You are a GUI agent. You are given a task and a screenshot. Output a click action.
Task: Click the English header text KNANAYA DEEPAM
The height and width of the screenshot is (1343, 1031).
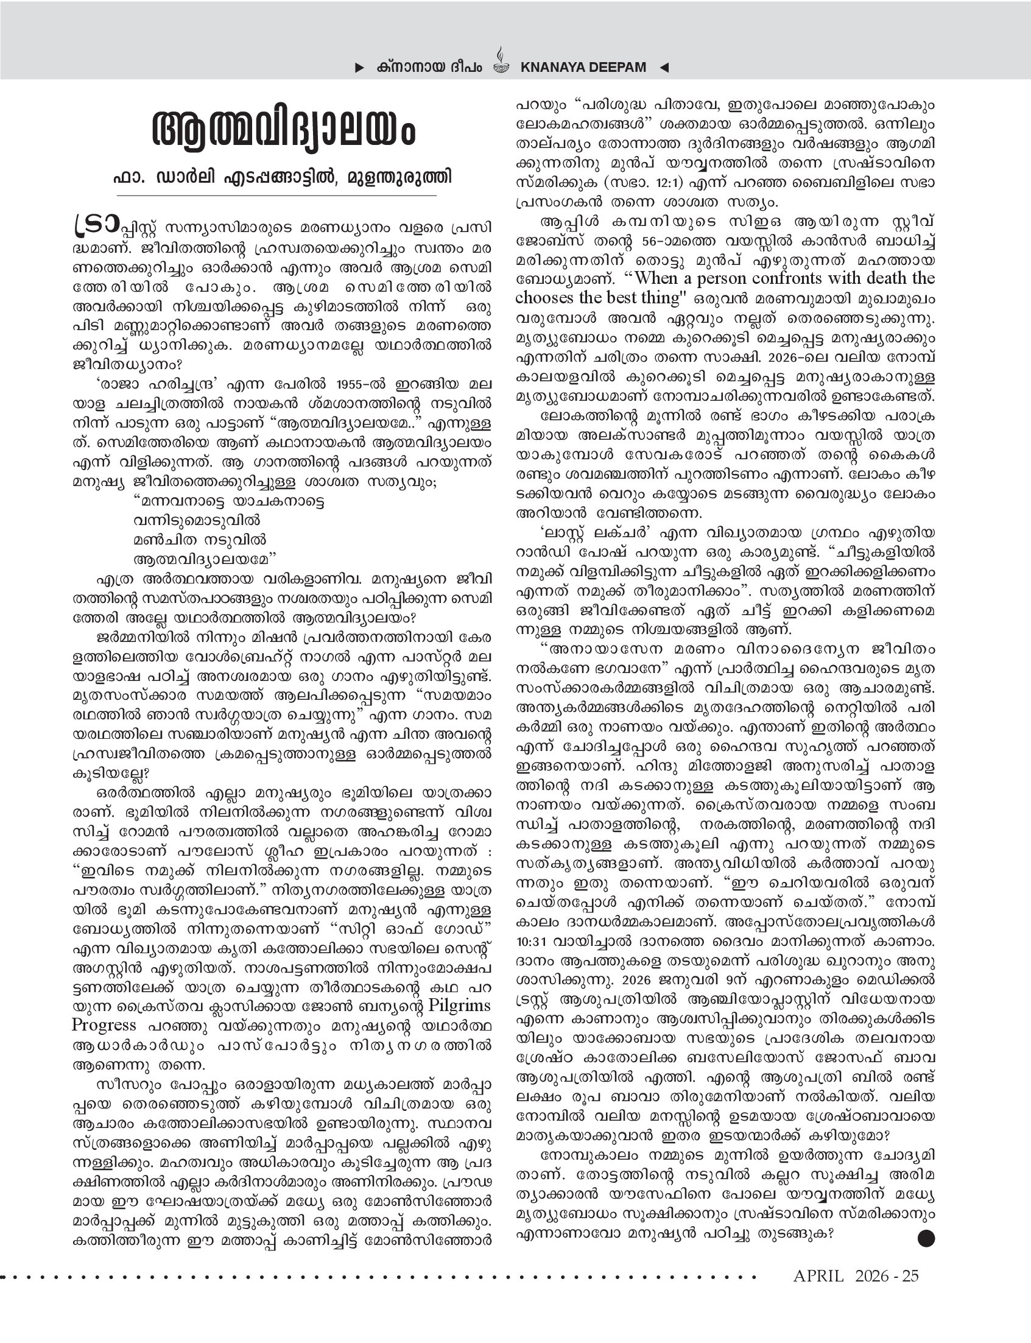(x=582, y=68)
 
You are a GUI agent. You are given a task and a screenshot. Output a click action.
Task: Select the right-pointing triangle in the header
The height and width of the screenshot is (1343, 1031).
(x=360, y=68)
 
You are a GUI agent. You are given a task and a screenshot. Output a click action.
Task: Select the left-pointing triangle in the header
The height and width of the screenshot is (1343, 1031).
(x=664, y=68)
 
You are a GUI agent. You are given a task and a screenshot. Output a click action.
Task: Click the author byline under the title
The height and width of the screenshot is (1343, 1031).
(x=283, y=177)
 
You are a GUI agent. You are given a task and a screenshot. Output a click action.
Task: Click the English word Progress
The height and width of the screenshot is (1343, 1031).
(x=103, y=1025)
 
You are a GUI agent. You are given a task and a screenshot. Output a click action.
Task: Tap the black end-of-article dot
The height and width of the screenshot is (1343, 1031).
(x=926, y=1239)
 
